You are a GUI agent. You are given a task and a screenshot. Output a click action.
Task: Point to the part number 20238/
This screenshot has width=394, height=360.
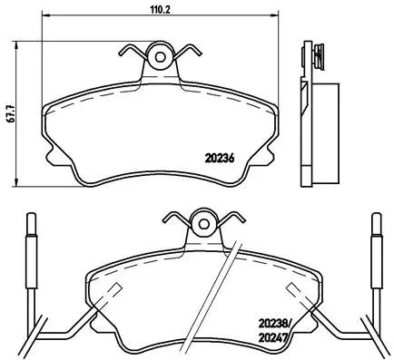point(277,322)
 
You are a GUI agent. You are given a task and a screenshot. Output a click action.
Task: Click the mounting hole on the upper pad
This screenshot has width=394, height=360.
point(162,57)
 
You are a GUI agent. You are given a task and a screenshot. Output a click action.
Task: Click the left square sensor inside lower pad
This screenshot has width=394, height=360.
point(114,292)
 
